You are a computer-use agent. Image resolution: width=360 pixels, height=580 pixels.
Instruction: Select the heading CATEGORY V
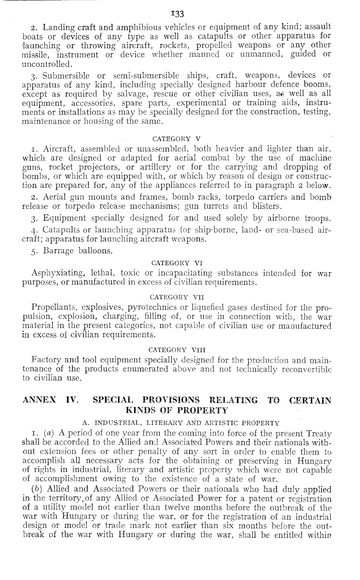click(x=176, y=139)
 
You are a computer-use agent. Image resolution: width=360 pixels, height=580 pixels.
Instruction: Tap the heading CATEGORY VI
click(x=176, y=263)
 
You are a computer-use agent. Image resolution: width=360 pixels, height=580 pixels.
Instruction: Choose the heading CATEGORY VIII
click(x=176, y=350)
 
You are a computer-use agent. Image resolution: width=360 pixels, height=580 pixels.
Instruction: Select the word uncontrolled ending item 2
click(x=46, y=64)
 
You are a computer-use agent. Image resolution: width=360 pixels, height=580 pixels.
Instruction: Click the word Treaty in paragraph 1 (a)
click(x=318, y=433)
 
